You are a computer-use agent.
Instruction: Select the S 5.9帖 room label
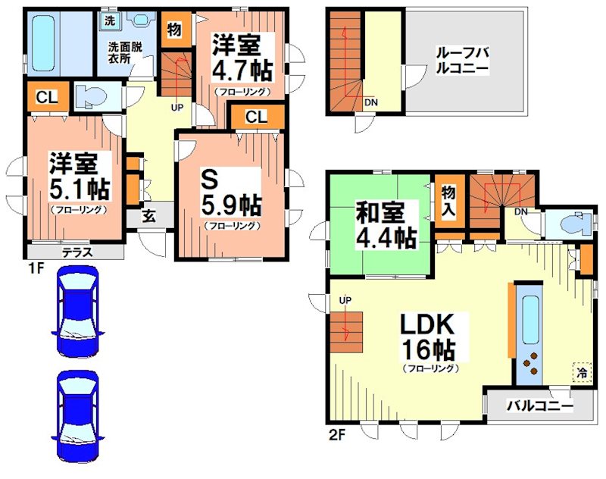coord(232,194)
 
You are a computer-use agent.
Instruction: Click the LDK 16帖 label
coord(426,338)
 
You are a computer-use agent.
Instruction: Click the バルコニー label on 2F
coord(540,405)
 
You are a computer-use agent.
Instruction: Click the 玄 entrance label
coord(148,215)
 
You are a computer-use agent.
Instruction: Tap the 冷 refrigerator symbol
coord(582,373)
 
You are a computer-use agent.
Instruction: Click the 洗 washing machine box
coord(109,20)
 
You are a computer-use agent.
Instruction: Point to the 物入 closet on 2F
coord(448,202)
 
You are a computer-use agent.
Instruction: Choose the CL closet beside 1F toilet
coord(46,96)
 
